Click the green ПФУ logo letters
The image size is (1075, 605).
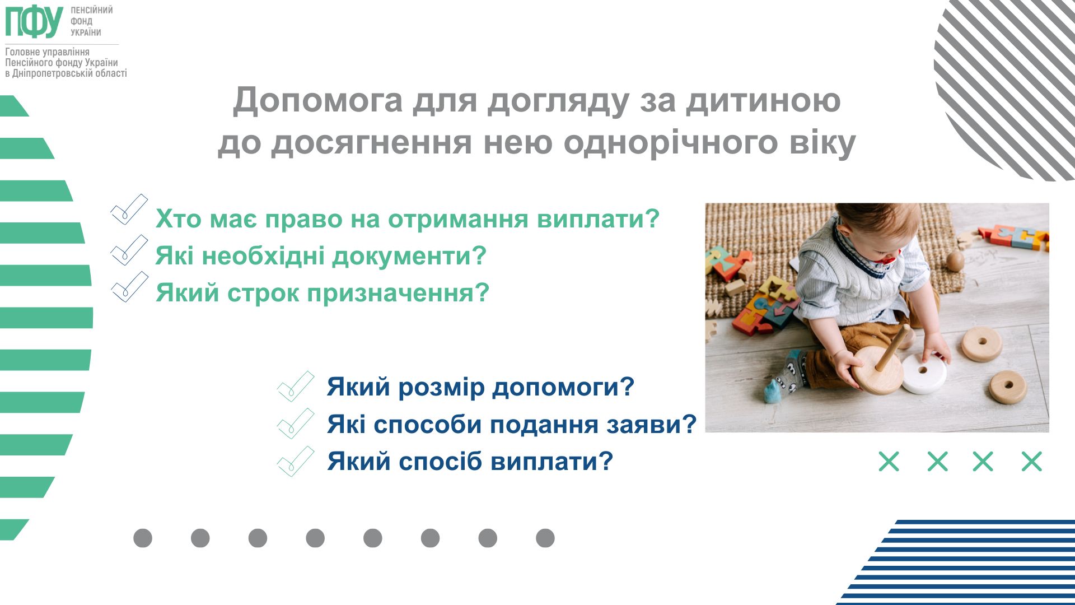(x=34, y=21)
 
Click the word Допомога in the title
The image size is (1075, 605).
(x=317, y=100)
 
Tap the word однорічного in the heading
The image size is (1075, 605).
(x=670, y=143)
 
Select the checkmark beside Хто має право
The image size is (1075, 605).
(x=129, y=210)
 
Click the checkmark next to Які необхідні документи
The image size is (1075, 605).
(x=129, y=249)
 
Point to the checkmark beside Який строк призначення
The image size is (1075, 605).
(x=129, y=287)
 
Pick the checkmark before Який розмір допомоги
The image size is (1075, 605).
(x=296, y=387)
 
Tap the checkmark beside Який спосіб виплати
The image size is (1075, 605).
(x=296, y=461)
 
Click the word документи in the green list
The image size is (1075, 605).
(x=409, y=256)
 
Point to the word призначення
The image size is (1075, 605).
(x=398, y=293)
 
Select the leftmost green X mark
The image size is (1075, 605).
(x=889, y=462)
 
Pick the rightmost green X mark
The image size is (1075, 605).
(x=1031, y=462)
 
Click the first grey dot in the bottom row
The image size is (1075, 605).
(x=143, y=538)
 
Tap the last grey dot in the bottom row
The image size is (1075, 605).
(x=545, y=538)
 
